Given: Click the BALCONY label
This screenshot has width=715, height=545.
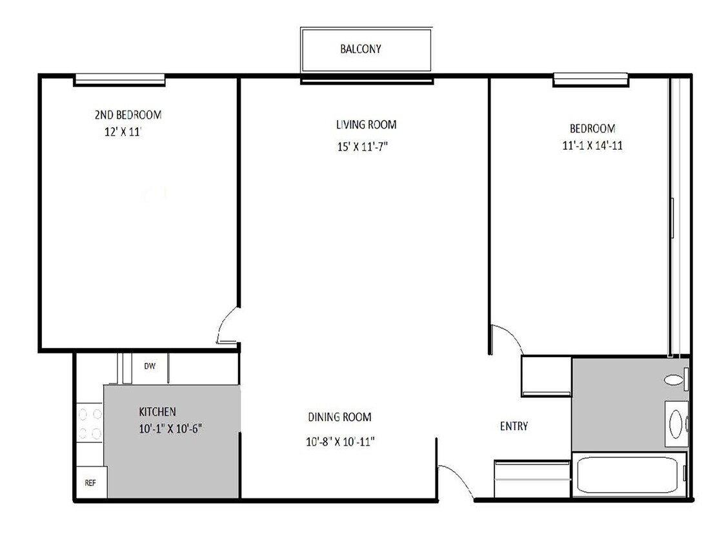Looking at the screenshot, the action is (x=360, y=49).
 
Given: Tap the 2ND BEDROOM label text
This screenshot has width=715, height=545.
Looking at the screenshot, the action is (x=128, y=114).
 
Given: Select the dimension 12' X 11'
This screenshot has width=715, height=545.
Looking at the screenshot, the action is (x=123, y=132).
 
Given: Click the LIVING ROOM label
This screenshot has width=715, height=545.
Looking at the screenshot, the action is (x=366, y=125).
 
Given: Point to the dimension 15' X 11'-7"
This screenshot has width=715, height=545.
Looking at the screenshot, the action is (x=363, y=147).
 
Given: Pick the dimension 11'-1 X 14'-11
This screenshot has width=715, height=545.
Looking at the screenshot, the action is (x=592, y=145).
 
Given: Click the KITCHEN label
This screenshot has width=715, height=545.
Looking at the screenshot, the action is (x=157, y=412).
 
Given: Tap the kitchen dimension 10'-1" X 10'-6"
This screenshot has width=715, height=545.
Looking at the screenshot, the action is (x=170, y=429).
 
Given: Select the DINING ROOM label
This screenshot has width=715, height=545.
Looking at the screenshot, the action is (x=339, y=417).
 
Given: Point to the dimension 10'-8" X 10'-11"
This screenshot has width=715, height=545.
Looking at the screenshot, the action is (x=340, y=442).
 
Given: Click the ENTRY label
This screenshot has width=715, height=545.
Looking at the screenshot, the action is (x=514, y=426).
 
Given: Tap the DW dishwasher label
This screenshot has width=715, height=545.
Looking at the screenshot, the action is (x=150, y=366).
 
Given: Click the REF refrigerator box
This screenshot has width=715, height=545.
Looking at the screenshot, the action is (x=91, y=482).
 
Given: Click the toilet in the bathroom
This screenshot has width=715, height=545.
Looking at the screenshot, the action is (x=676, y=379).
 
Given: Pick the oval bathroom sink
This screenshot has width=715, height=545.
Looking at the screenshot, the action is (x=676, y=424).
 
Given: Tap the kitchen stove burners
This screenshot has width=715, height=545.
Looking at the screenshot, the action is (x=90, y=423).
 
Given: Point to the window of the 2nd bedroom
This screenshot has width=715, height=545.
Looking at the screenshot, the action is (x=119, y=80).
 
